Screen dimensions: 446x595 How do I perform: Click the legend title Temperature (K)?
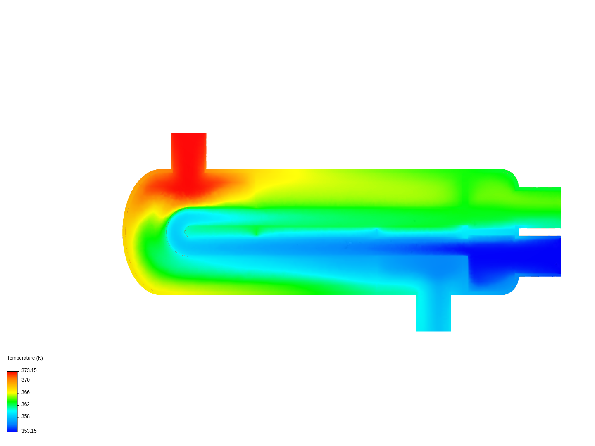point(25,358)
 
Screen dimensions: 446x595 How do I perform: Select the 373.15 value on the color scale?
point(29,370)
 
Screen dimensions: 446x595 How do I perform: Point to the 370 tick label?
point(26,380)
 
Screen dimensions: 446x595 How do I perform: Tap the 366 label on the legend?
point(26,392)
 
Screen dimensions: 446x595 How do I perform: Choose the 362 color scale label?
point(26,404)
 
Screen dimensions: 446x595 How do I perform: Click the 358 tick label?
point(26,416)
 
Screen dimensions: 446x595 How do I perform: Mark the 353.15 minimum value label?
point(29,431)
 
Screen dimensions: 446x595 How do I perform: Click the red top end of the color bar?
point(12,374)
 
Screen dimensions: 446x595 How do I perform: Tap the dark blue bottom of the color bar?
point(12,429)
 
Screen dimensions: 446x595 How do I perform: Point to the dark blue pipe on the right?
point(540,256)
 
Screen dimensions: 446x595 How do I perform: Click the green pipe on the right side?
point(540,207)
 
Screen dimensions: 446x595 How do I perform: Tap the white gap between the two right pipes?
point(540,232)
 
